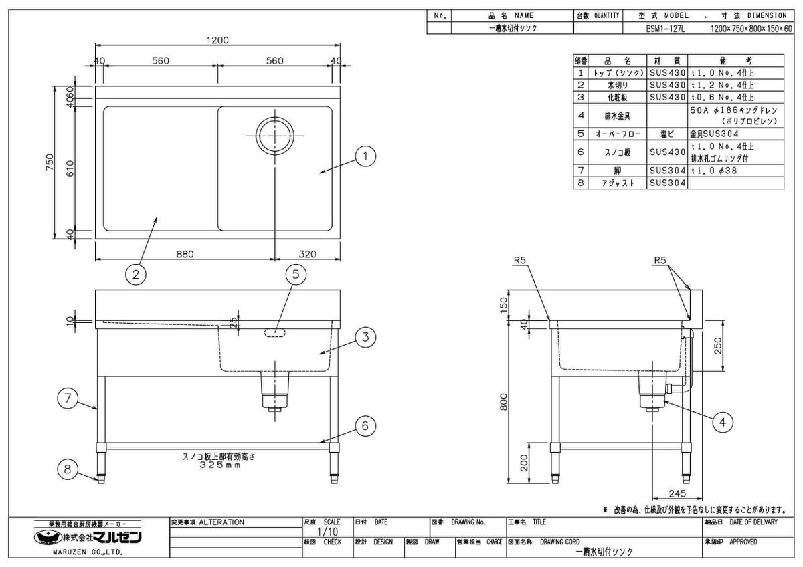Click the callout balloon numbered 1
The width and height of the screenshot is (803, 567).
(x=365, y=158)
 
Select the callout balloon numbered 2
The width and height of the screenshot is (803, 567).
(x=136, y=274)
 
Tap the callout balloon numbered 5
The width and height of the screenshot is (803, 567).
(x=296, y=274)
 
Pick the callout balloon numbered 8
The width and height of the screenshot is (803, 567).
(x=67, y=469)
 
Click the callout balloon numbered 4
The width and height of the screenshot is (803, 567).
(x=722, y=421)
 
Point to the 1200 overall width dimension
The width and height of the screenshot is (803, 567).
(x=218, y=40)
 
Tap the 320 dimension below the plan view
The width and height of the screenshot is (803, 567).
(x=307, y=254)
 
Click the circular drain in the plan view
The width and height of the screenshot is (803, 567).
(x=274, y=134)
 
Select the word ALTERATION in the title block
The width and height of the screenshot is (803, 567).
(x=221, y=522)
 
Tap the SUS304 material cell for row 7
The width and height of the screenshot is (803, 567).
(x=667, y=171)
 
